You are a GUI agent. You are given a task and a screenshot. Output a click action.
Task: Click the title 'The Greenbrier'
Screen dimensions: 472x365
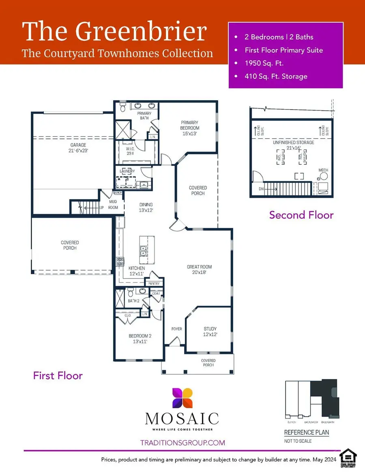tap(114, 31)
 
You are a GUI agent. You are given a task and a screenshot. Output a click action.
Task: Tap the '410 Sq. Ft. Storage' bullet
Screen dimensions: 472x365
tap(276, 76)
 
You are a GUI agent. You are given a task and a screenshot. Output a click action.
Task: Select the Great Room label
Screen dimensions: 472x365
tap(199, 270)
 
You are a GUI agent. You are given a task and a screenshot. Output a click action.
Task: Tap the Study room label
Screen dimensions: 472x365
tap(210, 331)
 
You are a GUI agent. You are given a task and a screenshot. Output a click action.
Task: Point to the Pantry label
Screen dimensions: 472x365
tap(154, 284)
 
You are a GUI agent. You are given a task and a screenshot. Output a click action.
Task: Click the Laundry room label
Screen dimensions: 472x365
tap(127, 172)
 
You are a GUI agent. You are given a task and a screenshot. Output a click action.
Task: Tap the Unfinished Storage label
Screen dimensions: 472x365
tap(294, 145)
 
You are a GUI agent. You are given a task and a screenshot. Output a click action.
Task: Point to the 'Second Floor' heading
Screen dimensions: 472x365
tap(301, 215)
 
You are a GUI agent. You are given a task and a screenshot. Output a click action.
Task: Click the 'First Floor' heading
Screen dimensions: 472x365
tap(58, 375)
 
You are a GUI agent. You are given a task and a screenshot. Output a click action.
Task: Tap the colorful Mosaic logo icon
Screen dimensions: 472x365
tap(182, 398)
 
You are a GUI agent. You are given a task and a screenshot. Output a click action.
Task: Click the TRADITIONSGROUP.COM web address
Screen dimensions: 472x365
tap(182, 443)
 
